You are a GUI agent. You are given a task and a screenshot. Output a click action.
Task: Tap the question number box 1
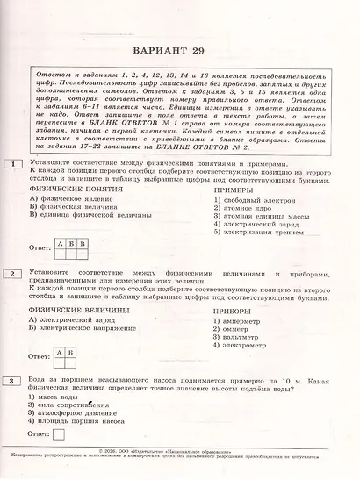[13, 164]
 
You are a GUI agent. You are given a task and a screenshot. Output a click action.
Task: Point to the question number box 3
[13, 380]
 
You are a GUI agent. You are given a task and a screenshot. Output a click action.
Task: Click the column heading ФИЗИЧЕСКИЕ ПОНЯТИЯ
[76, 189]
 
